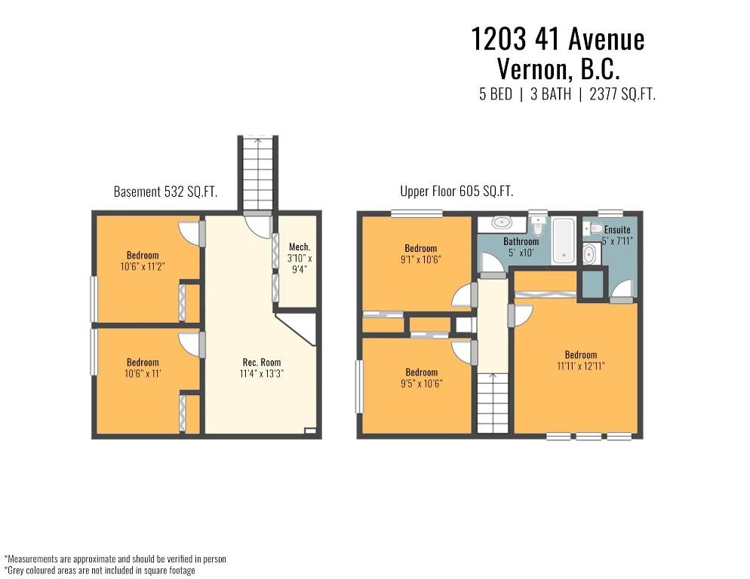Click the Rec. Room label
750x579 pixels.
pos(262,363)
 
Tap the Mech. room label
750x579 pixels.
pos(300,247)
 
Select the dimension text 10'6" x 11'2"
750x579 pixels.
pos(143,266)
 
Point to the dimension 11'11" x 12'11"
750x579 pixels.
pos(581,366)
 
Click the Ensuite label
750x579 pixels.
pos(617,229)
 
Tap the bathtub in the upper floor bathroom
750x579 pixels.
pos(564,240)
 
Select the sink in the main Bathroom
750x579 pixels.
pos(501,222)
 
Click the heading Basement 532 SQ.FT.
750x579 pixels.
pos(165,191)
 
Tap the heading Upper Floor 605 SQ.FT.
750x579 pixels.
pos(456,191)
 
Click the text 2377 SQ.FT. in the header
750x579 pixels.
pos(622,94)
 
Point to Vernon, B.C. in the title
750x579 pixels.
pos(558,69)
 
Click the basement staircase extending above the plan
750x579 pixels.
pos(258,173)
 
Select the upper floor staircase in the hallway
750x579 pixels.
pos(493,403)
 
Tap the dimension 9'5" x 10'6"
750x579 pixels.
pos(421,384)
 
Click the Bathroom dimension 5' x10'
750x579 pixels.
pos(521,253)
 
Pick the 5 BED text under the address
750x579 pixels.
pos(496,94)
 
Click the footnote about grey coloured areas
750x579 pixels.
pos(100,570)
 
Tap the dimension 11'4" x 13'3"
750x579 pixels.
pos(262,374)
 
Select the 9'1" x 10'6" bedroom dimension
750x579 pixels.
pos(421,259)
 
